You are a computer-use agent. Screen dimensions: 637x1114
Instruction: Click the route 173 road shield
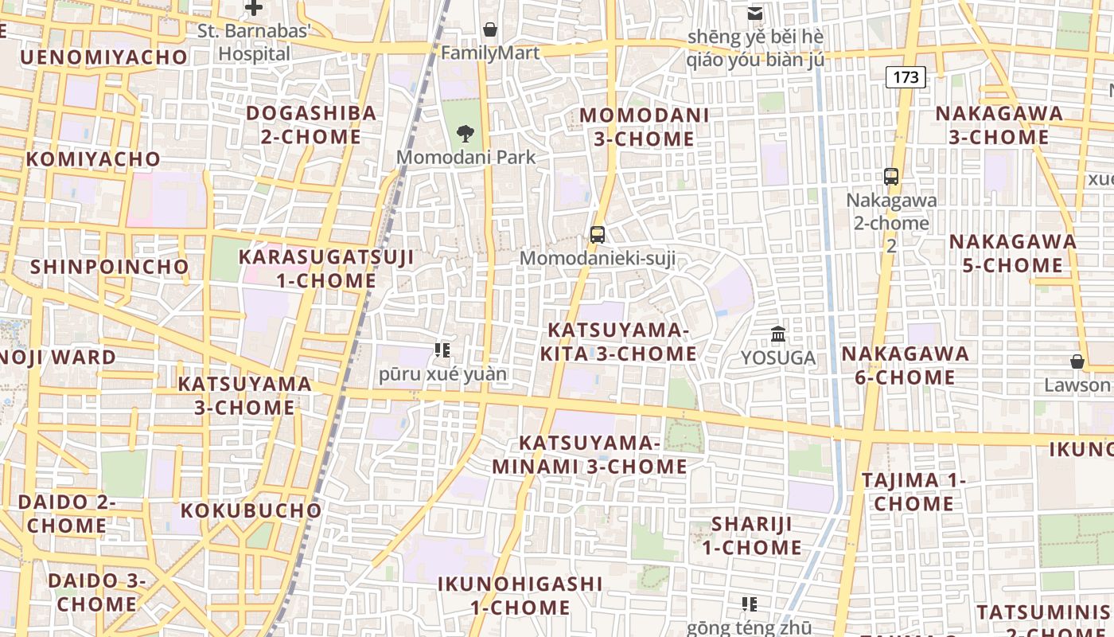tap(906, 77)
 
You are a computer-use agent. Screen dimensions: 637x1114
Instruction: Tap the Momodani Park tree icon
tap(465, 134)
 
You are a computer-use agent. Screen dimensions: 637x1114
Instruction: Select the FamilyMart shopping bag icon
tap(490, 30)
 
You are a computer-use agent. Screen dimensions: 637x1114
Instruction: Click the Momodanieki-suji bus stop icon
tap(598, 235)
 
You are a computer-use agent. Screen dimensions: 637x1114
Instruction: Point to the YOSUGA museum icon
tap(778, 334)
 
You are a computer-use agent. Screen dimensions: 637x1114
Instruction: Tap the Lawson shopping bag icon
tap(1077, 362)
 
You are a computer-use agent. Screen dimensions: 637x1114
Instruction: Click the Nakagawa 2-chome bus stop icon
tap(891, 177)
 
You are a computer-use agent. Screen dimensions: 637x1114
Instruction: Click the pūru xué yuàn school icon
tap(442, 350)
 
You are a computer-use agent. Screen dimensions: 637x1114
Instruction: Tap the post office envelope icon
tap(754, 14)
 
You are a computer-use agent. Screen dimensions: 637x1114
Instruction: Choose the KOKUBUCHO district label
tap(251, 510)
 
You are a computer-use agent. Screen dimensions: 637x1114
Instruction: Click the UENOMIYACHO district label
tap(103, 57)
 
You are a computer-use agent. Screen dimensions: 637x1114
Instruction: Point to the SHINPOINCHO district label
tap(110, 267)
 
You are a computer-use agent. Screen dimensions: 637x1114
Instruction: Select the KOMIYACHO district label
tap(93, 159)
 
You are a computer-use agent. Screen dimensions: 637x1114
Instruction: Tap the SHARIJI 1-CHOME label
tap(752, 536)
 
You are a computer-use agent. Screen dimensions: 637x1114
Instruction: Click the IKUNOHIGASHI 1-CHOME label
tap(520, 596)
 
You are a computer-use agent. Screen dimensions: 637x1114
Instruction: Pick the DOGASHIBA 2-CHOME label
tap(311, 125)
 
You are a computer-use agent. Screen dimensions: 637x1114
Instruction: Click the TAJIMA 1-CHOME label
tap(913, 492)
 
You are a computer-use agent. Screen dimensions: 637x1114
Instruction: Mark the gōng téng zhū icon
tap(749, 604)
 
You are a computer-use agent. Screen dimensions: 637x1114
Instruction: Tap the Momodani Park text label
tap(466, 157)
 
